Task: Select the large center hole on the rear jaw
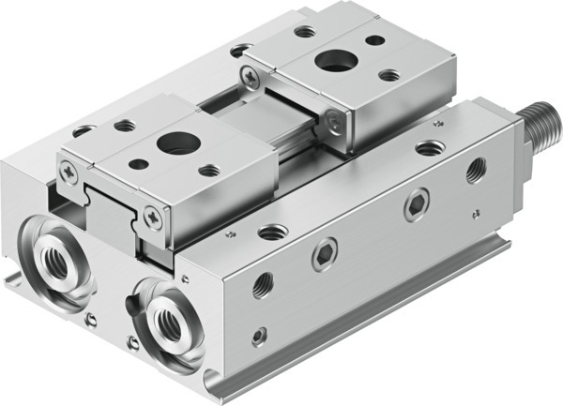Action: point(329,62)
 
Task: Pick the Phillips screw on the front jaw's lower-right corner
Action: point(154,216)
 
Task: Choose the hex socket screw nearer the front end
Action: point(324,254)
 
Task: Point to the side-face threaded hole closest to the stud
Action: point(476,170)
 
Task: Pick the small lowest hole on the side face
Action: point(258,334)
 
